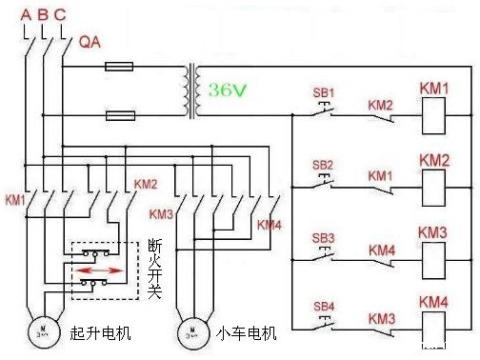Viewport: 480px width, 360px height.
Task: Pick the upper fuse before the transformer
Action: (119, 67)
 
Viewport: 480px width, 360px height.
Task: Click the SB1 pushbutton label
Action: (324, 92)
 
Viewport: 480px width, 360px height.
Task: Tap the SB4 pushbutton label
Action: (324, 306)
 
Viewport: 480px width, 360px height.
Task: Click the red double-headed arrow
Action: (98, 270)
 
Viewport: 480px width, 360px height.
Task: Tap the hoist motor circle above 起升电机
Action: (42, 333)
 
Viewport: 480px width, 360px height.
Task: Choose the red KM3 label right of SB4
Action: (382, 317)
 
